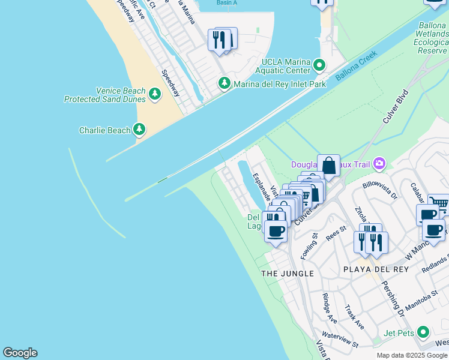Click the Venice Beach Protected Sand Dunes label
click(x=105, y=95)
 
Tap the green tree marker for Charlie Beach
click(x=139, y=129)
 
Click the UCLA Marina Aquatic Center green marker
click(x=320, y=64)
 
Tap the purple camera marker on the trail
click(x=379, y=163)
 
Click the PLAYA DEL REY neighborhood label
click(x=376, y=269)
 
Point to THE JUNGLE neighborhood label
click(x=288, y=274)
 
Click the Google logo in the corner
click(x=20, y=353)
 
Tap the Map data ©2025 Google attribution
click(x=412, y=355)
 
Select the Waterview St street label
click(x=340, y=340)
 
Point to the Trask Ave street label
click(x=354, y=317)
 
